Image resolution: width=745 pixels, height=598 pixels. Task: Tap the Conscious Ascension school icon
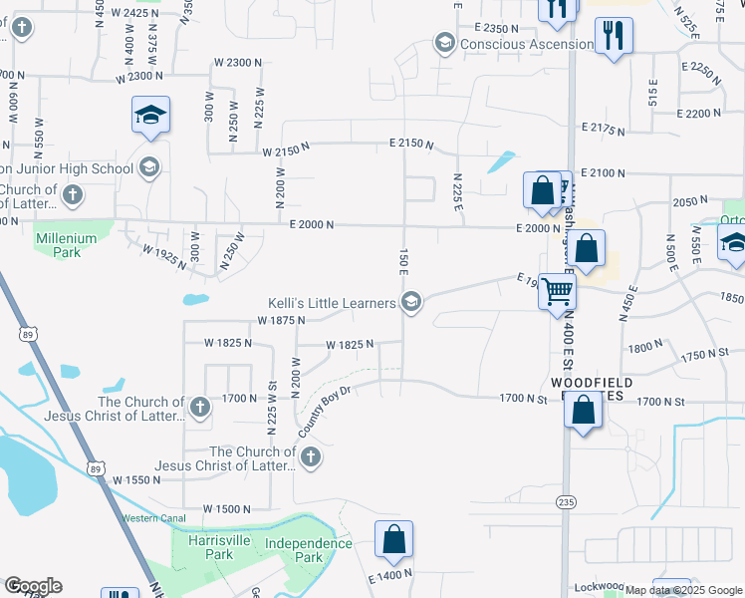(x=444, y=44)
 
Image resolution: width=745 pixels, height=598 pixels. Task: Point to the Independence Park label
(x=309, y=550)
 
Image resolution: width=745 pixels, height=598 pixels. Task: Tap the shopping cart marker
(x=558, y=293)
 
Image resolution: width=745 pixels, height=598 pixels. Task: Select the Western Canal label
(x=153, y=518)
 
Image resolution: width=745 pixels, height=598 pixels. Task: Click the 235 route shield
(x=566, y=500)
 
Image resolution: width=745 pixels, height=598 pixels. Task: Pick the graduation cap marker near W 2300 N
(x=150, y=118)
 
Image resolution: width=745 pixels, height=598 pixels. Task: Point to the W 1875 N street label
(x=281, y=321)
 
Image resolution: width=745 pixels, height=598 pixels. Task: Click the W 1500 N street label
(x=227, y=509)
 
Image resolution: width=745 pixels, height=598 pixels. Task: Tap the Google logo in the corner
(x=33, y=586)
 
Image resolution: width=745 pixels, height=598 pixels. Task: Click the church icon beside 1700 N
(x=200, y=407)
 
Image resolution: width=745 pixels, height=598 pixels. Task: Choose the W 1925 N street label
(x=165, y=257)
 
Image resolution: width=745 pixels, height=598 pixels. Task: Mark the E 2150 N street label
(x=410, y=145)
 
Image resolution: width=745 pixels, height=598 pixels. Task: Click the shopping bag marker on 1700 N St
(x=583, y=409)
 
